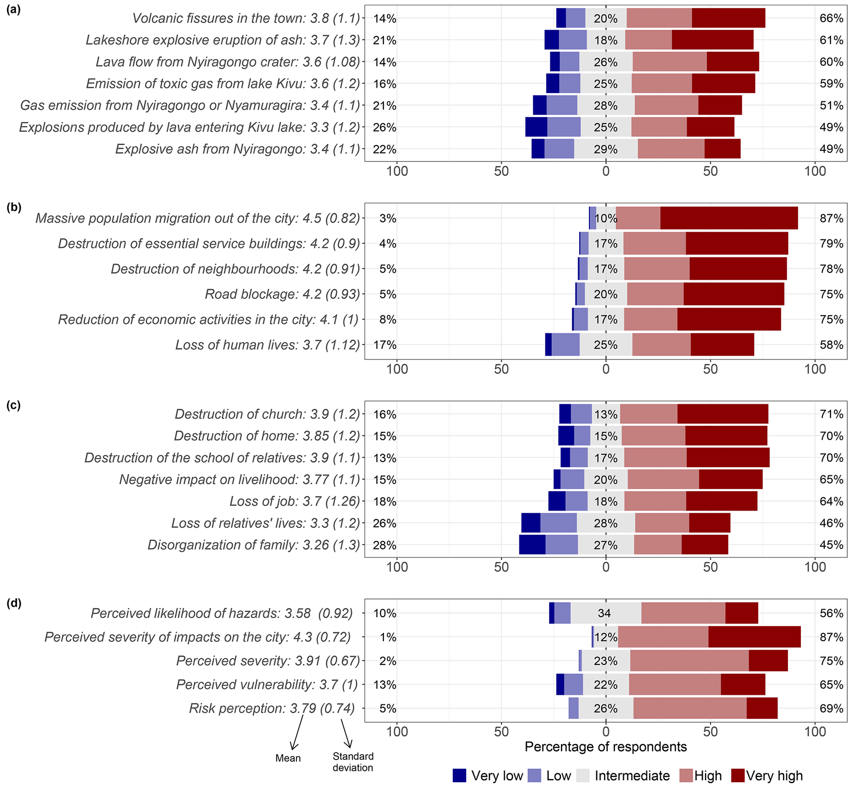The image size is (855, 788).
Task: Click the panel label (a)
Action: [x=14, y=10]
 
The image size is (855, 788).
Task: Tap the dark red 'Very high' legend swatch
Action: [x=737, y=775]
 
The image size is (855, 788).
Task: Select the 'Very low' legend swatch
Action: [x=460, y=775]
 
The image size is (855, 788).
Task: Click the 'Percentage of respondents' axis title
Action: [x=606, y=747]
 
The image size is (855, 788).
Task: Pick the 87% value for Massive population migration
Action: [x=831, y=218]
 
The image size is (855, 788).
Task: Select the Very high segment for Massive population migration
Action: [x=729, y=218]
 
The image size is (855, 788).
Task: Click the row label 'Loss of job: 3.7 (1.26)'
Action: [x=295, y=501]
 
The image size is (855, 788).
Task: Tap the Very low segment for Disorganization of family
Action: [x=532, y=545]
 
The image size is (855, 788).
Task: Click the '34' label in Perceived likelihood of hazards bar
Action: [x=604, y=613]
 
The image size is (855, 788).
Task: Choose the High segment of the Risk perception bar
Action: [x=690, y=708]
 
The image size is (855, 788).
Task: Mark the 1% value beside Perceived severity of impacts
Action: [x=388, y=637]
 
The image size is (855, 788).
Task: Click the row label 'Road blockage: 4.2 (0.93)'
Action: [x=282, y=294]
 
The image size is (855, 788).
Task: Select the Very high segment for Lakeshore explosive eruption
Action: [x=712, y=40]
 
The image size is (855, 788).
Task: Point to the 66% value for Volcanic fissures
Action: [x=831, y=18]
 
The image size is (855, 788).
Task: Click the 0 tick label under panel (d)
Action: [x=606, y=732]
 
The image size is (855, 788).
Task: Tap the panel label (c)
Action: [x=14, y=405]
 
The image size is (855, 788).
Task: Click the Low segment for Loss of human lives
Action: [x=565, y=344]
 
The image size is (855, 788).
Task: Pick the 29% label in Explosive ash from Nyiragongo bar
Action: [x=606, y=149]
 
